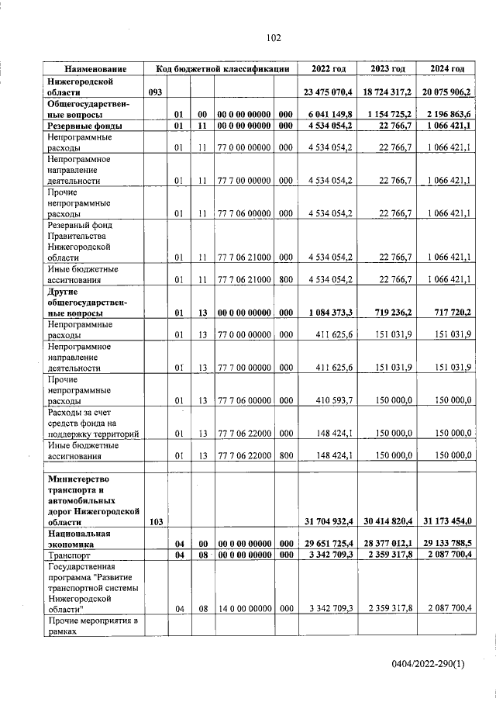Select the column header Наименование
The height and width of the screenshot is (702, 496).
pos(95,69)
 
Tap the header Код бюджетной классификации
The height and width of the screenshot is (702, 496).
pos(222,69)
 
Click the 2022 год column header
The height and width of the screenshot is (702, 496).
pos(328,69)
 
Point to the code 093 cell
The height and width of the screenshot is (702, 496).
pos(155,92)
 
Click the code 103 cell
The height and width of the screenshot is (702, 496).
pos(155,523)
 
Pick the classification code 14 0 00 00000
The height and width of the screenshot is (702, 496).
pos(244,609)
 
